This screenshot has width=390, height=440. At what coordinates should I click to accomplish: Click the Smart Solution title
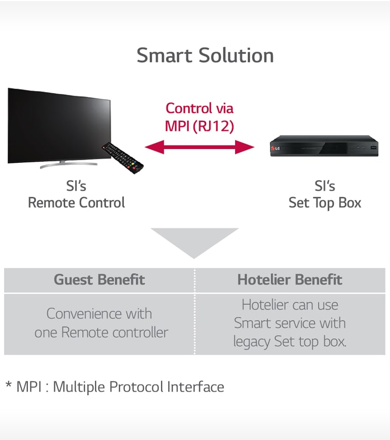point(205,55)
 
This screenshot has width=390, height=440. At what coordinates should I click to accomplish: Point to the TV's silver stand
point(61,164)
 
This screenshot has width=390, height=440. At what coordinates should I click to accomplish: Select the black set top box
point(324,146)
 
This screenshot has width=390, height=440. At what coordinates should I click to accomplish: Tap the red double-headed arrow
point(200,148)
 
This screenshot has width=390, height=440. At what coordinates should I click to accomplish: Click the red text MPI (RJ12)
point(200,126)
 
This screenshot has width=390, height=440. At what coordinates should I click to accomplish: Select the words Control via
point(200,108)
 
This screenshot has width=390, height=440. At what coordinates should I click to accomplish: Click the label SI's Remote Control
point(76,195)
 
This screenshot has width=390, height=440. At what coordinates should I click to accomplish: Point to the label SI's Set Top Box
point(324,195)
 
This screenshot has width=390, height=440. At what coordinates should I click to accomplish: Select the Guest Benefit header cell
point(100,280)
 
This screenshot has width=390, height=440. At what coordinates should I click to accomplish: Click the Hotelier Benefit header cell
point(290,280)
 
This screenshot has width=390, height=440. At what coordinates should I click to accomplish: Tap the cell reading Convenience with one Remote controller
point(101,323)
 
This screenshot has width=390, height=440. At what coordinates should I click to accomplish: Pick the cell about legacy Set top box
point(290,324)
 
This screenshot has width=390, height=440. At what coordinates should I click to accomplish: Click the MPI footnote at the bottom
point(115,387)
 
